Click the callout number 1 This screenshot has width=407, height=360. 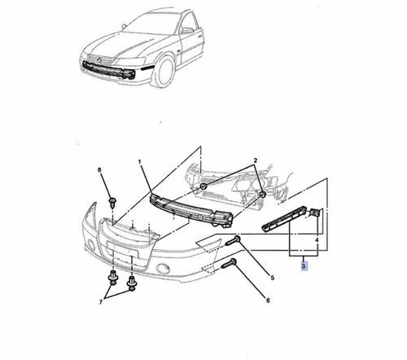(x=140, y=162)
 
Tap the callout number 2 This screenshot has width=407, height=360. (x=255, y=160)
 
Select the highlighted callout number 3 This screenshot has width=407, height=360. (x=304, y=266)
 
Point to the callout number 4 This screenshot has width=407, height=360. (x=317, y=240)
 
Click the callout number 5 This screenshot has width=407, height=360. (x=273, y=278)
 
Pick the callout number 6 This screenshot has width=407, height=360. (x=268, y=301)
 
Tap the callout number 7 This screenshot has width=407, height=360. (x=101, y=301)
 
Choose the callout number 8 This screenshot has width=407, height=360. (x=99, y=170)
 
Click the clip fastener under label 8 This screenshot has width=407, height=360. (x=112, y=202)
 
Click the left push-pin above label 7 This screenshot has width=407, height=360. (x=112, y=279)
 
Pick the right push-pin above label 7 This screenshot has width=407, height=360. (x=132, y=283)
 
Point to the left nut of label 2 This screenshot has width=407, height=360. (x=203, y=187)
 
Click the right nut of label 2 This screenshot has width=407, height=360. (x=262, y=195)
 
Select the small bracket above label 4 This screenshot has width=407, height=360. (x=315, y=213)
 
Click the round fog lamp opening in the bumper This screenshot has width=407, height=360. (x=162, y=269)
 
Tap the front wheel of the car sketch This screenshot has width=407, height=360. (x=164, y=72)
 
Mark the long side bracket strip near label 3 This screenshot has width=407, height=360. (x=283, y=219)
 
